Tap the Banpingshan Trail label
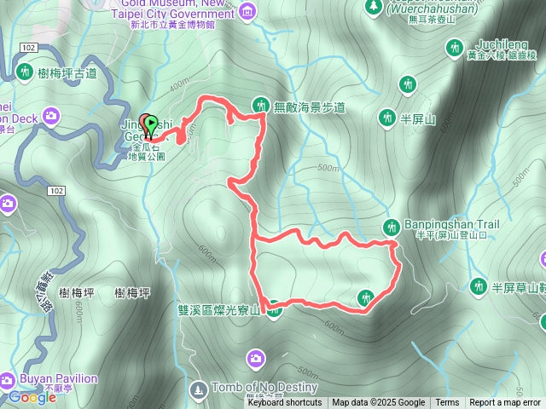coord(439,225)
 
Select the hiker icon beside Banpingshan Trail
coord(391,227)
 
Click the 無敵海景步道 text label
coord(309,107)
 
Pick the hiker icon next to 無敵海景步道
coord(260,105)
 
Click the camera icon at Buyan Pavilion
coord(7,378)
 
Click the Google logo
coord(32,397)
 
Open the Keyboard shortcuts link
coord(284,403)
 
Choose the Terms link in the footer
coord(447,403)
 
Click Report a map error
coord(505,403)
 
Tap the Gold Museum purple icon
coord(247,11)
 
